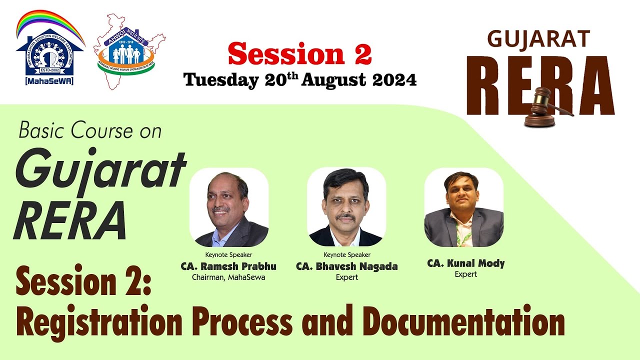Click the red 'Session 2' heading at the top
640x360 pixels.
(300, 54)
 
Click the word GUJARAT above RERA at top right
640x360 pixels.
(538, 39)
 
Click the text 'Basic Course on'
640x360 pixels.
(90, 131)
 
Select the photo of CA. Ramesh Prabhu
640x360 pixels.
(229, 207)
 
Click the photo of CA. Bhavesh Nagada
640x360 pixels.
(346, 207)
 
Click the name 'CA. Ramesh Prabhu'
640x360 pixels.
(228, 266)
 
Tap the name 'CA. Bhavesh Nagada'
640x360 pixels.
(347, 266)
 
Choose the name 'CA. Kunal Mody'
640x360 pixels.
(466, 263)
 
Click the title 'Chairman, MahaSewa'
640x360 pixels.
(228, 277)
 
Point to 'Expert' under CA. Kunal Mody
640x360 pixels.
(466, 274)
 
